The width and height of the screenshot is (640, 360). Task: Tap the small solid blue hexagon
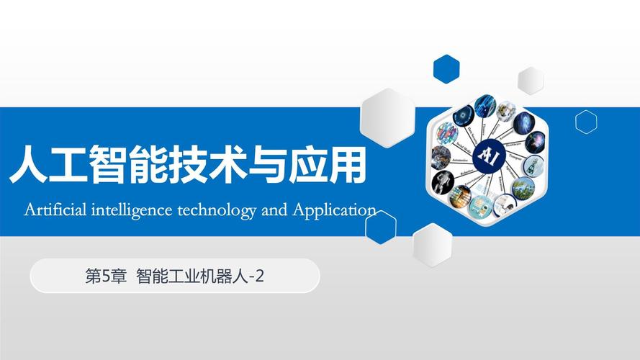pyautogui.click(x=446, y=68)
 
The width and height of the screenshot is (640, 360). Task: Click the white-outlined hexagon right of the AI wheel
pyautogui.click(x=586, y=122)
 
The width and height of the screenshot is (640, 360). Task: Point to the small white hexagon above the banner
pyautogui.click(x=531, y=81)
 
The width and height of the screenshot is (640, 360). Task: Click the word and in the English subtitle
pyautogui.click(x=274, y=210)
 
